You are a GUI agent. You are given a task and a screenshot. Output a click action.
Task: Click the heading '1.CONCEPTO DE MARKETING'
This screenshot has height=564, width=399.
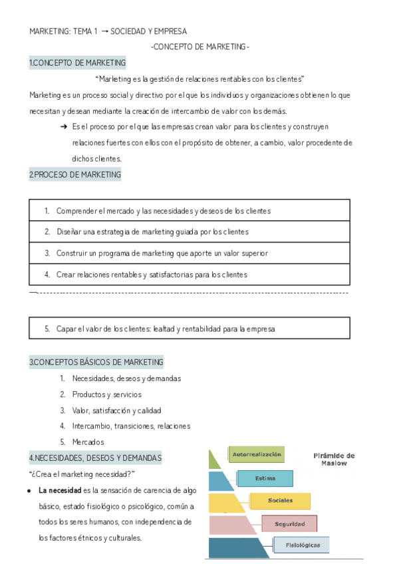[77, 63]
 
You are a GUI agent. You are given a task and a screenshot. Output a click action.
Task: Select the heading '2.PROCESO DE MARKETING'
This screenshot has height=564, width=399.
[75, 175]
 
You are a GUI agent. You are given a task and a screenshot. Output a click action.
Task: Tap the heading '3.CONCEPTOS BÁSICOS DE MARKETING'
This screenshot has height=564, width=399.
[96, 362]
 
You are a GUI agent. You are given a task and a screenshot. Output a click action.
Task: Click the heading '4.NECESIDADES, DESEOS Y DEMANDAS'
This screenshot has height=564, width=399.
[95, 458]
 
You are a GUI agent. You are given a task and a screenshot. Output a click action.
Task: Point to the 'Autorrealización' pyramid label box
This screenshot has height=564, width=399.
[257, 455]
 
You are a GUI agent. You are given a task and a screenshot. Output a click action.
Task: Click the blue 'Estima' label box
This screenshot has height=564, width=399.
[265, 478]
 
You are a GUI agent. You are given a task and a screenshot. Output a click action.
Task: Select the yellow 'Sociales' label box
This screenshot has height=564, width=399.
[280, 501]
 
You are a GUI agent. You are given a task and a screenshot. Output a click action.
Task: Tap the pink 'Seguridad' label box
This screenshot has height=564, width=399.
[289, 524]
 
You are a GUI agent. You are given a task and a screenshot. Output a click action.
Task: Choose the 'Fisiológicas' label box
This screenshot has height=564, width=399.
[303, 545]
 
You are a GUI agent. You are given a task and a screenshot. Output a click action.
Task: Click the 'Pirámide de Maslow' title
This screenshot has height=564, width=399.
[334, 460]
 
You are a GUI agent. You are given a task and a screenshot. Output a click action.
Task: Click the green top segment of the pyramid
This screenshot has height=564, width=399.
[214, 460]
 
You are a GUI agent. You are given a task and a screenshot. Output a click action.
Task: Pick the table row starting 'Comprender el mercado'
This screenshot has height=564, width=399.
[190, 211]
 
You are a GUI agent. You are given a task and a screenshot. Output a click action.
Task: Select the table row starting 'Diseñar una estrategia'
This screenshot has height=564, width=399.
[190, 232]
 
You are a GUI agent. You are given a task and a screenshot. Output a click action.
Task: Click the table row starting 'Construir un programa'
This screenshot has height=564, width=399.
[190, 253]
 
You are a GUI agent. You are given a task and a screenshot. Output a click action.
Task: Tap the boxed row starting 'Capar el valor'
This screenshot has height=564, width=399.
[190, 329]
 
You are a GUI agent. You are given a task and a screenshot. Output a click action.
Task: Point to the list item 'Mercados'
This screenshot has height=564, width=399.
[88, 442]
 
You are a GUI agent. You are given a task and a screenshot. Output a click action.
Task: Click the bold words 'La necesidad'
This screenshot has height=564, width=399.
[61, 491]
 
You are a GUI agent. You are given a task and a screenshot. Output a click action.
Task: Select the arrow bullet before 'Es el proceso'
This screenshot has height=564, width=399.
[63, 126]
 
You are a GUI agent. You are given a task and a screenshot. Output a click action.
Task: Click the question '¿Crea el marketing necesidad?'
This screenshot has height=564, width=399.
[82, 474]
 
